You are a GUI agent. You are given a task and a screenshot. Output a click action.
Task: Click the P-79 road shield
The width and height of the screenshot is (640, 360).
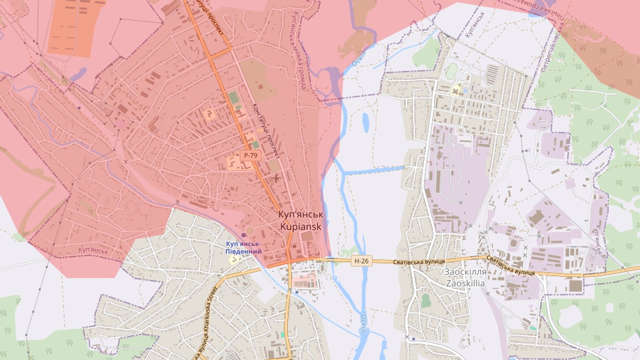click(x=250, y=155)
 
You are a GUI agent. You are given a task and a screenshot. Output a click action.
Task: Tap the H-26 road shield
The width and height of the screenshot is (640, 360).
click(x=361, y=261)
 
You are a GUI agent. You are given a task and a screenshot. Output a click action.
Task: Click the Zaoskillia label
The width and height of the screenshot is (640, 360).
click(x=464, y=283)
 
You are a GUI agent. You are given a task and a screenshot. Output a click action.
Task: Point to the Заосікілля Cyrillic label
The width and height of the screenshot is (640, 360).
click(x=464, y=271)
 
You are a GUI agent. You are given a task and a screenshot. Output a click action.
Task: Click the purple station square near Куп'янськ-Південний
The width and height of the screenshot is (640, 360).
click(x=244, y=235)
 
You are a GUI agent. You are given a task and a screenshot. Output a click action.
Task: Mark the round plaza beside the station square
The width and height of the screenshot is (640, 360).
click(x=250, y=230)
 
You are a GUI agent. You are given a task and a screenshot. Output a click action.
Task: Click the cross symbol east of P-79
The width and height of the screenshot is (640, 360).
click(x=277, y=178)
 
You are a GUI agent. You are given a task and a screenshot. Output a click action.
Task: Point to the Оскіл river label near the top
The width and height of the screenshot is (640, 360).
click(x=358, y=56)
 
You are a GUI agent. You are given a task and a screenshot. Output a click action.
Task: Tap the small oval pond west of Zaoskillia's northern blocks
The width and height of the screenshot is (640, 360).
click(x=366, y=123)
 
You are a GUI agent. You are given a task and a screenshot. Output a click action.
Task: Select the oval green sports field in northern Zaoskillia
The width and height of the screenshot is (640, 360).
click(x=452, y=71)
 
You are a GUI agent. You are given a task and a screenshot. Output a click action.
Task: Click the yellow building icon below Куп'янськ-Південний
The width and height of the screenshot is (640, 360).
click(x=233, y=259)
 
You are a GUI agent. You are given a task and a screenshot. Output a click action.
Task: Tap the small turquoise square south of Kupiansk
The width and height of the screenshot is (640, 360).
click(x=282, y=334)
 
